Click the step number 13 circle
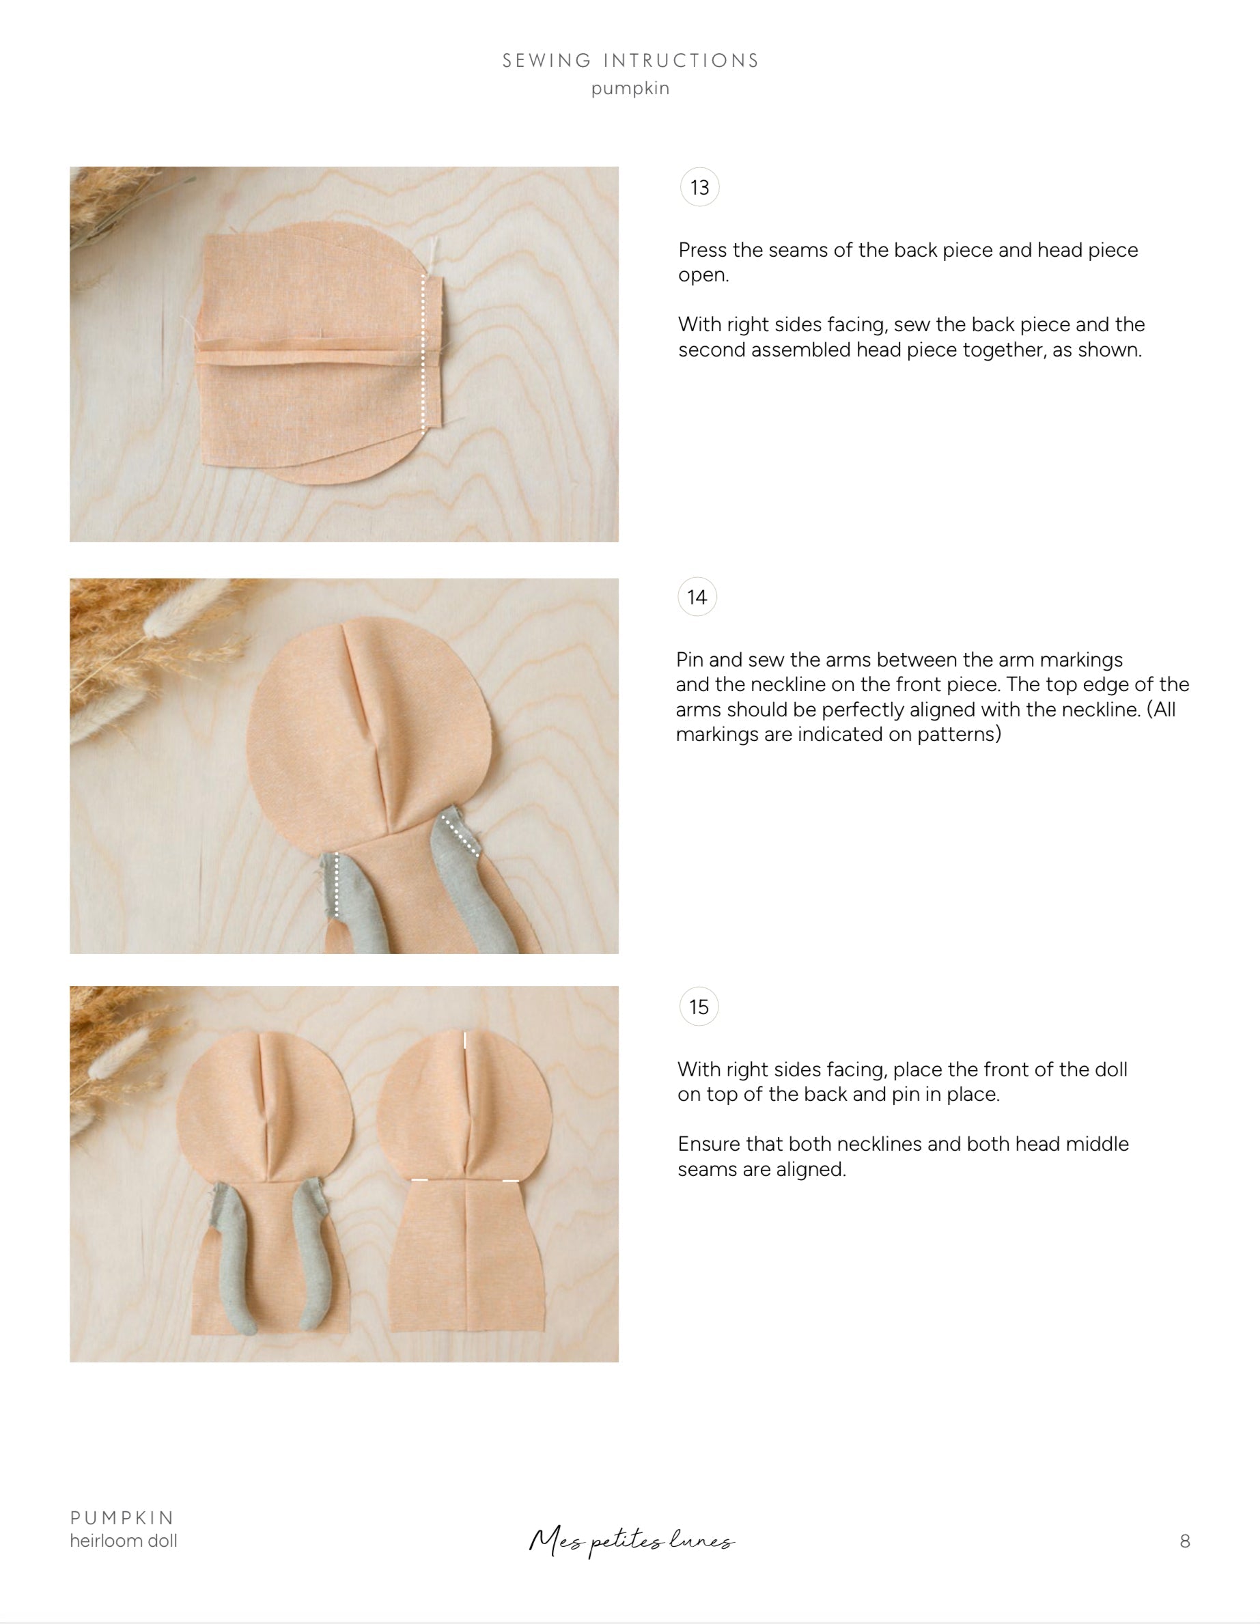[699, 187]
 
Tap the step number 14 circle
[697, 597]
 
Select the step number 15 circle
[699, 1007]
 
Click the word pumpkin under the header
[630, 89]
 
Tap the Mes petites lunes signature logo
[631, 1541]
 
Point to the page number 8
[1185, 1541]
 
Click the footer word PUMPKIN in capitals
[122, 1517]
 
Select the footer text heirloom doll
[124, 1541]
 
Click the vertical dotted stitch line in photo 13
[423, 350]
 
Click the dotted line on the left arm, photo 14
[337, 885]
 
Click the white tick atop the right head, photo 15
[466, 1039]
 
